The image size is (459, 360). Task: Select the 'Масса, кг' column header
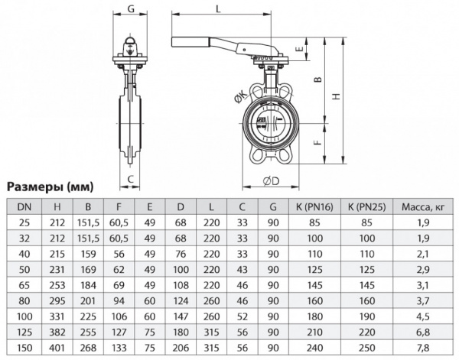423,206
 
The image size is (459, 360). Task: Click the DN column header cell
24,206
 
